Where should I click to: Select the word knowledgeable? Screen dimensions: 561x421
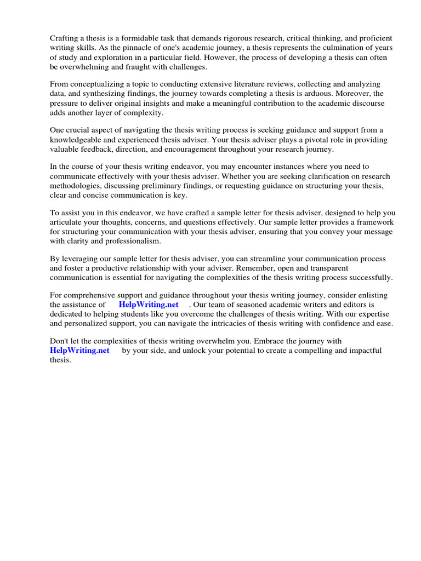click(x=78, y=140)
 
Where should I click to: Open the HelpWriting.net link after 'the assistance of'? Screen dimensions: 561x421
click(x=149, y=305)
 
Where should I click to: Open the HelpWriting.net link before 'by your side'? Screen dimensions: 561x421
click(x=79, y=351)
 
